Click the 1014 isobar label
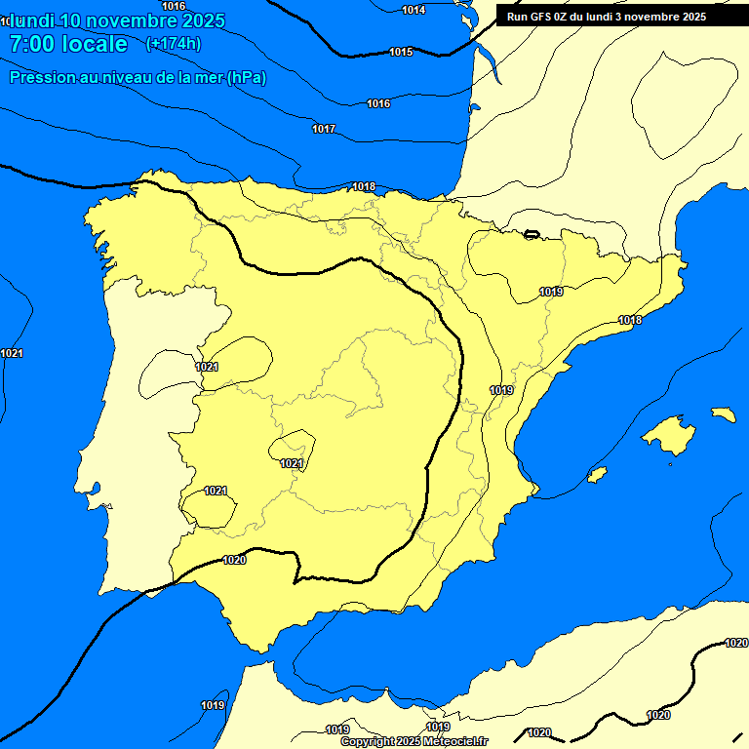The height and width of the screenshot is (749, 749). pyautogui.click(x=414, y=10)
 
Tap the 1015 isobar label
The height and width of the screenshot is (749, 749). pyautogui.click(x=401, y=52)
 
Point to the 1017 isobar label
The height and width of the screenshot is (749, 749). pyautogui.click(x=324, y=130)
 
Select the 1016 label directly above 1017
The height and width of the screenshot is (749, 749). pyautogui.click(x=378, y=103)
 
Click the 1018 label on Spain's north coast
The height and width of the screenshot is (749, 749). pyautogui.click(x=364, y=186)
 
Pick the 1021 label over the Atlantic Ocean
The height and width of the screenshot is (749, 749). pyautogui.click(x=12, y=353)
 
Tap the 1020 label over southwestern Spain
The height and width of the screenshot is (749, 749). pyautogui.click(x=234, y=560)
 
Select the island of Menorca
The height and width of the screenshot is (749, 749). pyautogui.click(x=723, y=414)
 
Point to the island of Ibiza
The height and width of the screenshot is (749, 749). pyautogui.click(x=597, y=475)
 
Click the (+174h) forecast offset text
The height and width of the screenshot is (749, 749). pyautogui.click(x=173, y=44)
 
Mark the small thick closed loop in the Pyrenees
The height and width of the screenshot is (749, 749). pyautogui.click(x=532, y=234)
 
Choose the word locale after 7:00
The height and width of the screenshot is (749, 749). pyautogui.click(x=95, y=44)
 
